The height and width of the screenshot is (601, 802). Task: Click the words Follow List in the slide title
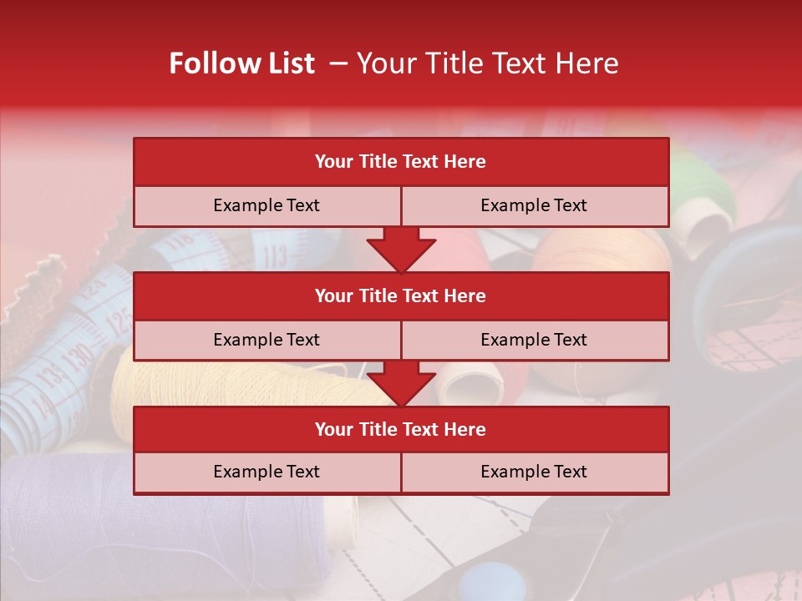(x=241, y=63)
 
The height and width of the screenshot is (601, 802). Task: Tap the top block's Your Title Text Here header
(x=400, y=162)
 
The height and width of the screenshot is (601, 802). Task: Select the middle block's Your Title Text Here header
(x=400, y=295)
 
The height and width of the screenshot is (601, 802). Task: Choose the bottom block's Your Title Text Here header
(x=400, y=429)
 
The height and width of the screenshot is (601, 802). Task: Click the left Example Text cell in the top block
(x=266, y=205)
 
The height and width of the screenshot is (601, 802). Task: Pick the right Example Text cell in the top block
(x=534, y=205)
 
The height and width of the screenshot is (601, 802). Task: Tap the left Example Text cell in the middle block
(x=266, y=340)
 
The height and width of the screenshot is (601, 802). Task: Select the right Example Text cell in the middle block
(x=534, y=340)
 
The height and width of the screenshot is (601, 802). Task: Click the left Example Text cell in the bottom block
(x=266, y=472)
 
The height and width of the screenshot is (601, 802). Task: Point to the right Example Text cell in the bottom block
(x=534, y=472)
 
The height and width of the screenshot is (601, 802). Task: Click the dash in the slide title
(x=338, y=63)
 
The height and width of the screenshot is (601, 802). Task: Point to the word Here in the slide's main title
(x=589, y=63)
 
